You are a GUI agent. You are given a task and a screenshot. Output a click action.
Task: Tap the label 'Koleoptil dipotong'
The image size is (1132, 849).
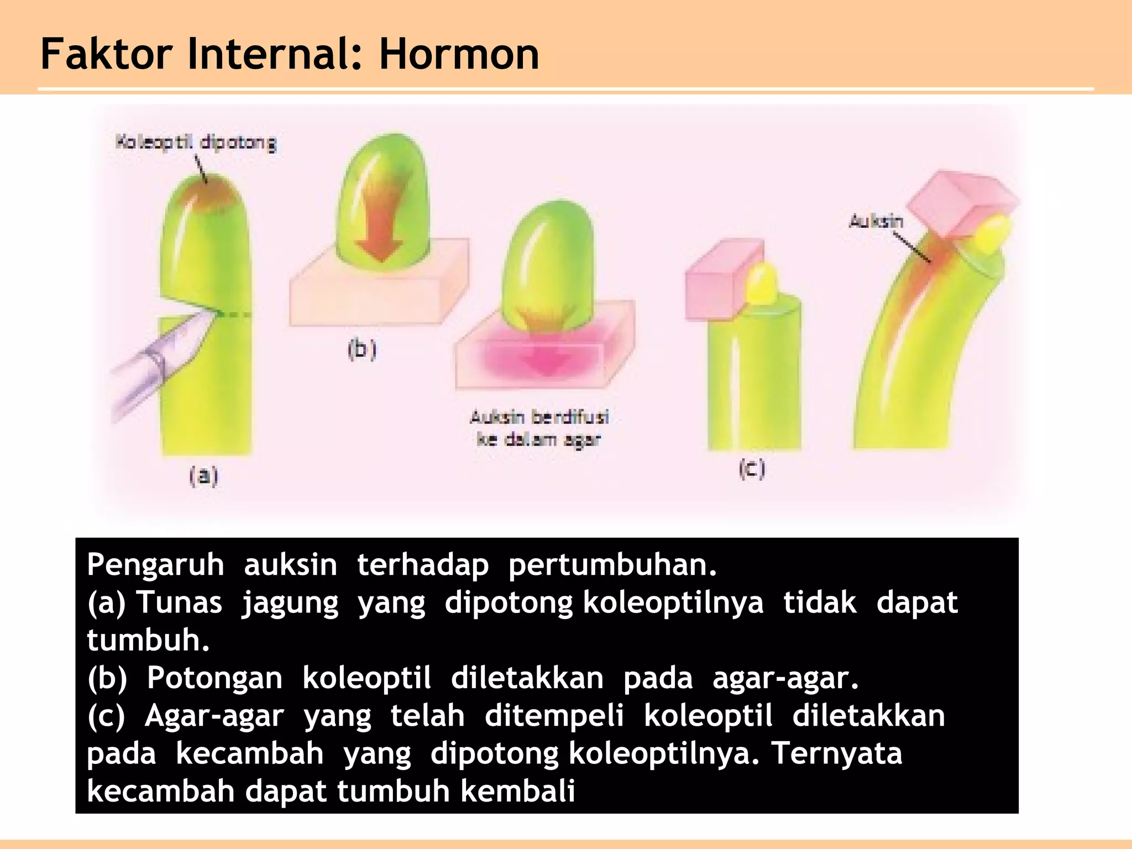195,143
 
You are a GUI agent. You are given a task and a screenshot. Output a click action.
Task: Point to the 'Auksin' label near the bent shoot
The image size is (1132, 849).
876,222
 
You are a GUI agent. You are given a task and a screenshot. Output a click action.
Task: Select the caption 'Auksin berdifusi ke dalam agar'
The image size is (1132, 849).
539,428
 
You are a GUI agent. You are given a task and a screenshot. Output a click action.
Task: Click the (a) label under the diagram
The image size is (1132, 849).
203,476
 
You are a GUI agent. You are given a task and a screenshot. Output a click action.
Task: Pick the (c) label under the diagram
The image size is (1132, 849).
752,469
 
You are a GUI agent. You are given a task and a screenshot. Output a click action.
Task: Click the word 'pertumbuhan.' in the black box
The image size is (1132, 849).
612,565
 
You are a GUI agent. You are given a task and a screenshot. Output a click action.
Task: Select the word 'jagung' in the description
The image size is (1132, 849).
290,602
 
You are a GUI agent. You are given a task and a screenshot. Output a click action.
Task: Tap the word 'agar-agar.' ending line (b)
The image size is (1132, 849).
785,678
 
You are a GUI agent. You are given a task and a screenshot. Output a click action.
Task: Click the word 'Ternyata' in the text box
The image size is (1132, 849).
836,753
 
